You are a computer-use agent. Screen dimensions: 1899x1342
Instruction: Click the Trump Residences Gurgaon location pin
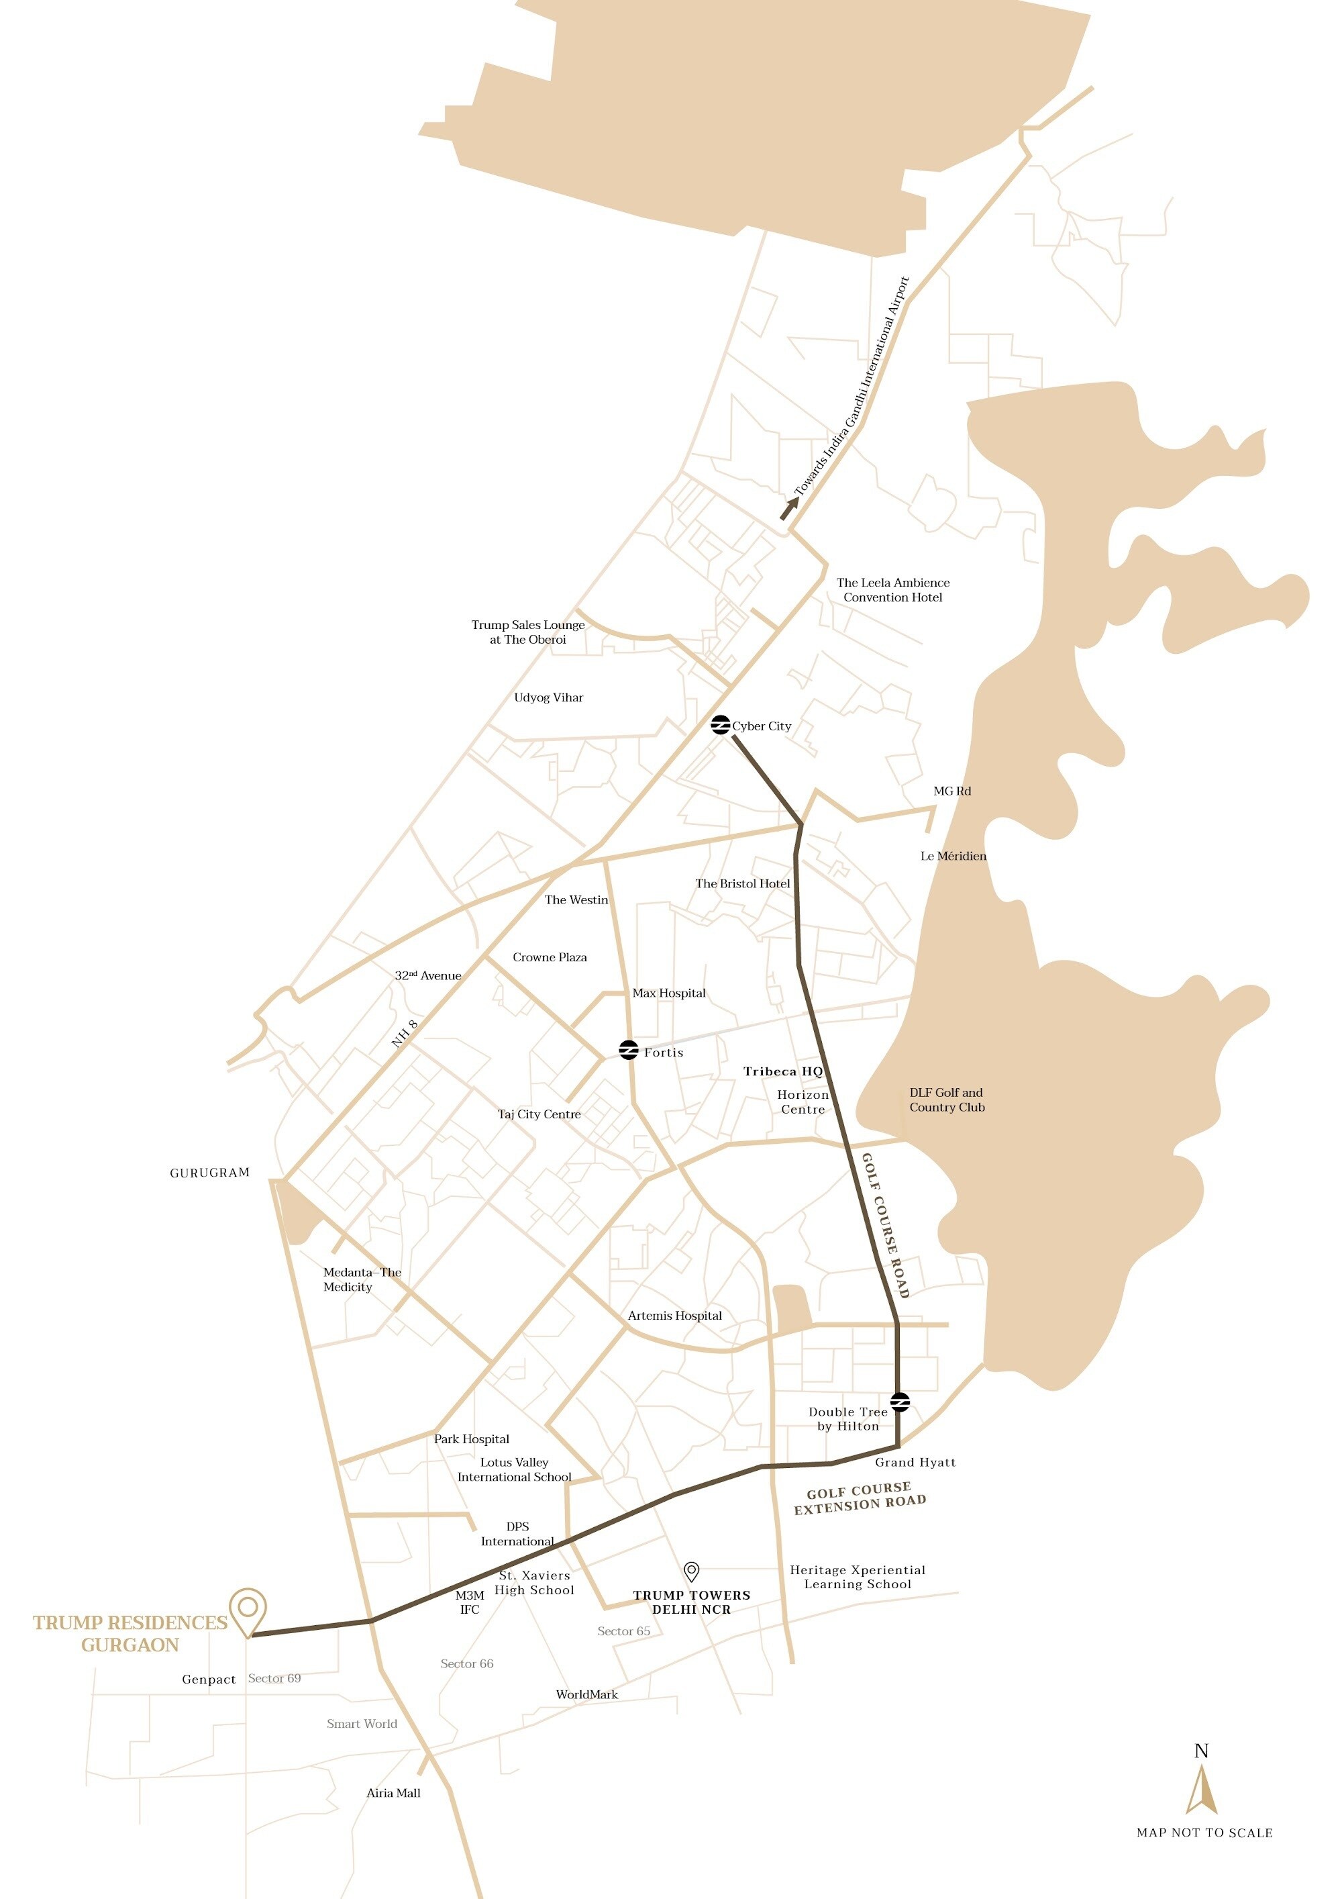click(247, 1610)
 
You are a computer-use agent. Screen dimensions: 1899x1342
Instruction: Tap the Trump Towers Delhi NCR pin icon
click(691, 1571)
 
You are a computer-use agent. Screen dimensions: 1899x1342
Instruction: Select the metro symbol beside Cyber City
click(720, 724)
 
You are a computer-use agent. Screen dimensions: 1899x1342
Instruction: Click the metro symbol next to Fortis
click(629, 1050)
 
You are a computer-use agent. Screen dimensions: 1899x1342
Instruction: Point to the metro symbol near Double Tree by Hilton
click(900, 1402)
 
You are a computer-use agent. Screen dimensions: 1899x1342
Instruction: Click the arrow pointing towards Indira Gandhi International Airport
click(790, 507)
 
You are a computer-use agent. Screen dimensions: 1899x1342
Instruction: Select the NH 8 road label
click(405, 1034)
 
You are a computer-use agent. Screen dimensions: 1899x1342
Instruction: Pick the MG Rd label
click(951, 791)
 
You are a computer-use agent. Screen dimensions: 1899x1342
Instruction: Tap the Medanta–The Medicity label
click(362, 1279)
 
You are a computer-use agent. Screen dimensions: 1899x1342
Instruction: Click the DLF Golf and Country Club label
click(947, 1100)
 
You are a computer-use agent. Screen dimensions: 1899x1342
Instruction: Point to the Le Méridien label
click(953, 856)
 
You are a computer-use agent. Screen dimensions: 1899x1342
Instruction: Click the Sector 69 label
click(274, 1678)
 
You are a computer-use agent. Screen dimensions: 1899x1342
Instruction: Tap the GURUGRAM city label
click(209, 1172)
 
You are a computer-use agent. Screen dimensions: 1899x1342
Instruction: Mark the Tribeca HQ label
click(782, 1071)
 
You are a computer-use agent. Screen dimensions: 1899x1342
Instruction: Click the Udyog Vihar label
click(548, 697)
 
